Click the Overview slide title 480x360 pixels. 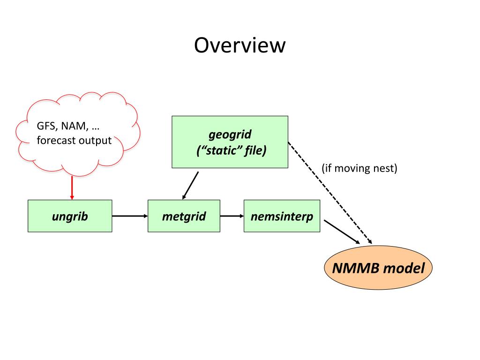click(240, 45)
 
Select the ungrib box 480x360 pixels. click(70, 216)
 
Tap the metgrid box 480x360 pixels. click(184, 216)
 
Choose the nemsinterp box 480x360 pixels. click(282, 216)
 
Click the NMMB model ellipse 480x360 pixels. click(378, 268)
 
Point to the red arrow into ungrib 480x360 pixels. click(72, 187)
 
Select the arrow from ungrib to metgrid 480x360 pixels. click(130, 216)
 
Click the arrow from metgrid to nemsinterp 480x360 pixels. click(232, 216)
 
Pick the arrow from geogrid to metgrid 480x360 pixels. click(190, 186)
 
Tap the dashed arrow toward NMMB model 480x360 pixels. click(330, 193)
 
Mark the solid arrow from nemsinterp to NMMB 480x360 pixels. click(342, 232)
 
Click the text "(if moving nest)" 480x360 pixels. click(360, 168)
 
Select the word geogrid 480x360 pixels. click(230, 135)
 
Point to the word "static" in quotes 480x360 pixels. click(222, 150)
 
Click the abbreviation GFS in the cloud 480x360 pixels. click(46, 126)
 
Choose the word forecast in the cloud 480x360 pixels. click(56, 140)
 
